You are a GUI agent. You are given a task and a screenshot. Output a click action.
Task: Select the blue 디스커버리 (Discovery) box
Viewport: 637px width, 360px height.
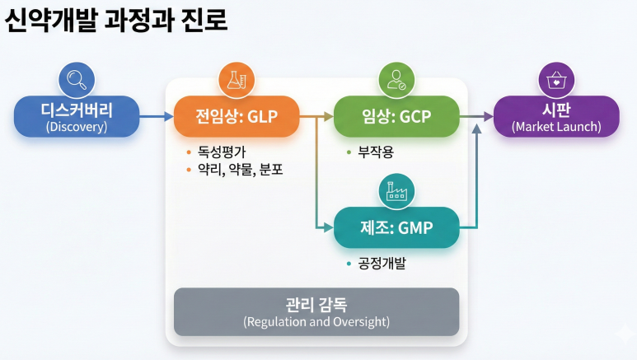click(77, 116)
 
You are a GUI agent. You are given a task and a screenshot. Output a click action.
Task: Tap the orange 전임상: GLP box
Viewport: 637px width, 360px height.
click(235, 116)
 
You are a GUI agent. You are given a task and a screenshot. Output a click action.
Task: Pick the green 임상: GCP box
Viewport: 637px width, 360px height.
click(395, 116)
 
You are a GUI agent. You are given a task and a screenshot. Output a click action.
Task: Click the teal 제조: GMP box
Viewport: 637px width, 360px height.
click(396, 227)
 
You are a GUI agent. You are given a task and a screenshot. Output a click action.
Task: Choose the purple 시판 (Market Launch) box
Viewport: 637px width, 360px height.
click(556, 116)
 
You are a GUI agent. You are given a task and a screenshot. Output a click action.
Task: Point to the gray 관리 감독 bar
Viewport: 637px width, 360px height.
click(316, 311)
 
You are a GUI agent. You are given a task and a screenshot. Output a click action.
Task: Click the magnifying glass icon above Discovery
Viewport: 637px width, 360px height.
click(77, 80)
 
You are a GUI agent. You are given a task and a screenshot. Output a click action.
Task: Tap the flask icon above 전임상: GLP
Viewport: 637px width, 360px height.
click(235, 80)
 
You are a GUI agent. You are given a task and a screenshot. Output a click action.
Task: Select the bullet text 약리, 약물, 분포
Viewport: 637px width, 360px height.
click(240, 171)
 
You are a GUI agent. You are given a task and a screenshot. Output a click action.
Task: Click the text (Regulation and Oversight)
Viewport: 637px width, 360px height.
click(316, 321)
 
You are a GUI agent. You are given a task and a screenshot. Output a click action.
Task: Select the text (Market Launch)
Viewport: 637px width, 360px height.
click(556, 127)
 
